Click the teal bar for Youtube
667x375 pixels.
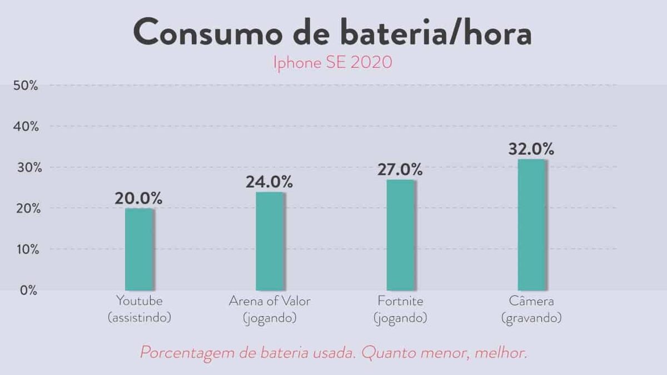139,249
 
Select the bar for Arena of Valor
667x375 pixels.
270,241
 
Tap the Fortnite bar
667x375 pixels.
401,234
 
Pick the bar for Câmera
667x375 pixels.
531,224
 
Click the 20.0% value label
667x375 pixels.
138,198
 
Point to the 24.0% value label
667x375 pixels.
270,182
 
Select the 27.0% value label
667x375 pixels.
400,169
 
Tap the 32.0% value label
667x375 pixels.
531,149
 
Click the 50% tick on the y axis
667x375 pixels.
26,86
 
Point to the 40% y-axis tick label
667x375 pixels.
26,127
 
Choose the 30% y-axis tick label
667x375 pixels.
26,167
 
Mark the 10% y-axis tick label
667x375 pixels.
26,249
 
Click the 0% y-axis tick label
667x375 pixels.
29,290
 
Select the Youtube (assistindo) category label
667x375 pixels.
139,309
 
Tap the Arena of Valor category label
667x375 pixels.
270,309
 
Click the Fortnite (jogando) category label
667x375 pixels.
400,309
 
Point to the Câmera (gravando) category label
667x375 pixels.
531,309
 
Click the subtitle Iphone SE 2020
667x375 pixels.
332,62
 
